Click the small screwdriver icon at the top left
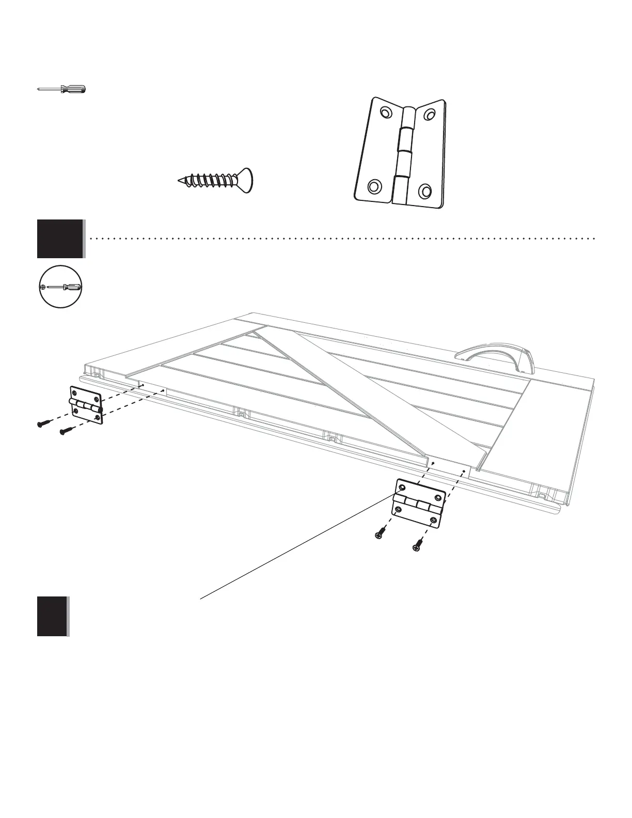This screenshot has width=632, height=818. pyautogui.click(x=62, y=89)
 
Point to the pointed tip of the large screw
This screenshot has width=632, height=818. pyautogui.click(x=179, y=181)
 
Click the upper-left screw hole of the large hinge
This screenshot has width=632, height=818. pyautogui.click(x=386, y=113)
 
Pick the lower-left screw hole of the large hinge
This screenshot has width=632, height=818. pyautogui.click(x=374, y=185)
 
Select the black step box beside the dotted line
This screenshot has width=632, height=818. pyautogui.click(x=60, y=239)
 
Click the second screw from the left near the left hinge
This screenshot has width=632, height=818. pyautogui.click(x=66, y=431)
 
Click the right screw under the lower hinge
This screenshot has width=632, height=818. pyautogui.click(x=417, y=544)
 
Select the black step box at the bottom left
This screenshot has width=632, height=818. pyautogui.click(x=52, y=616)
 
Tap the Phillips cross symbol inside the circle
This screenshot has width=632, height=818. pyautogui.click(x=43, y=287)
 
